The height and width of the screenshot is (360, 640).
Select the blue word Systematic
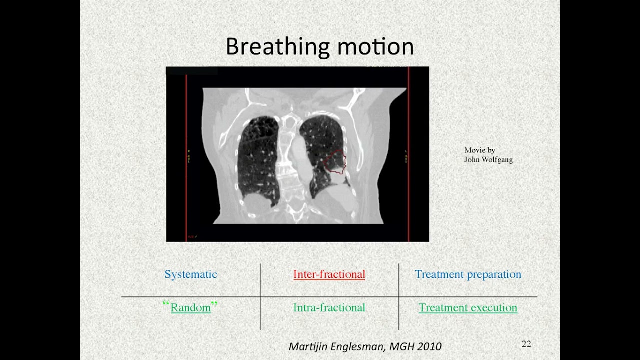[191, 274]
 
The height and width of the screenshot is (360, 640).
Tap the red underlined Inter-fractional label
[329, 274]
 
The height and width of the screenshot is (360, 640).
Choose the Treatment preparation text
[468, 274]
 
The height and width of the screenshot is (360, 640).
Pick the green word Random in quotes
[190, 308]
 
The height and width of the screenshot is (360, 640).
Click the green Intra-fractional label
[329, 308]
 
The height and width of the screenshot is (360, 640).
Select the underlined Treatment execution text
[468, 308]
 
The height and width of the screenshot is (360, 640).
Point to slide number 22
[526, 344]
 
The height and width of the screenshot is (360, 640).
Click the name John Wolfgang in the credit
[488, 160]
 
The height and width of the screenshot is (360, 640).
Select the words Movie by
[479, 150]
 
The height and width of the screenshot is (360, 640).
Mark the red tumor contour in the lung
[334, 163]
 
